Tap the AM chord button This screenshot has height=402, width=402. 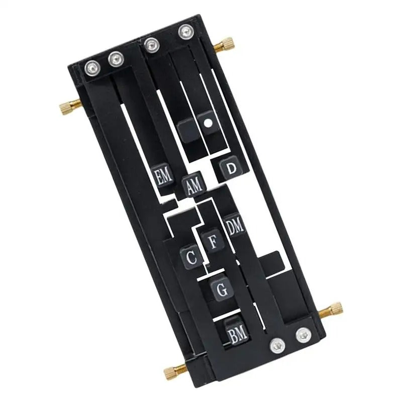click(x=194, y=184)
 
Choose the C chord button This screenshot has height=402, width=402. click(x=191, y=257)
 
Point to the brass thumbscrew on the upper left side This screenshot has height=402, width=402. click(x=70, y=107)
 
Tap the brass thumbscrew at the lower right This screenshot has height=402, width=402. click(x=331, y=310)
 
